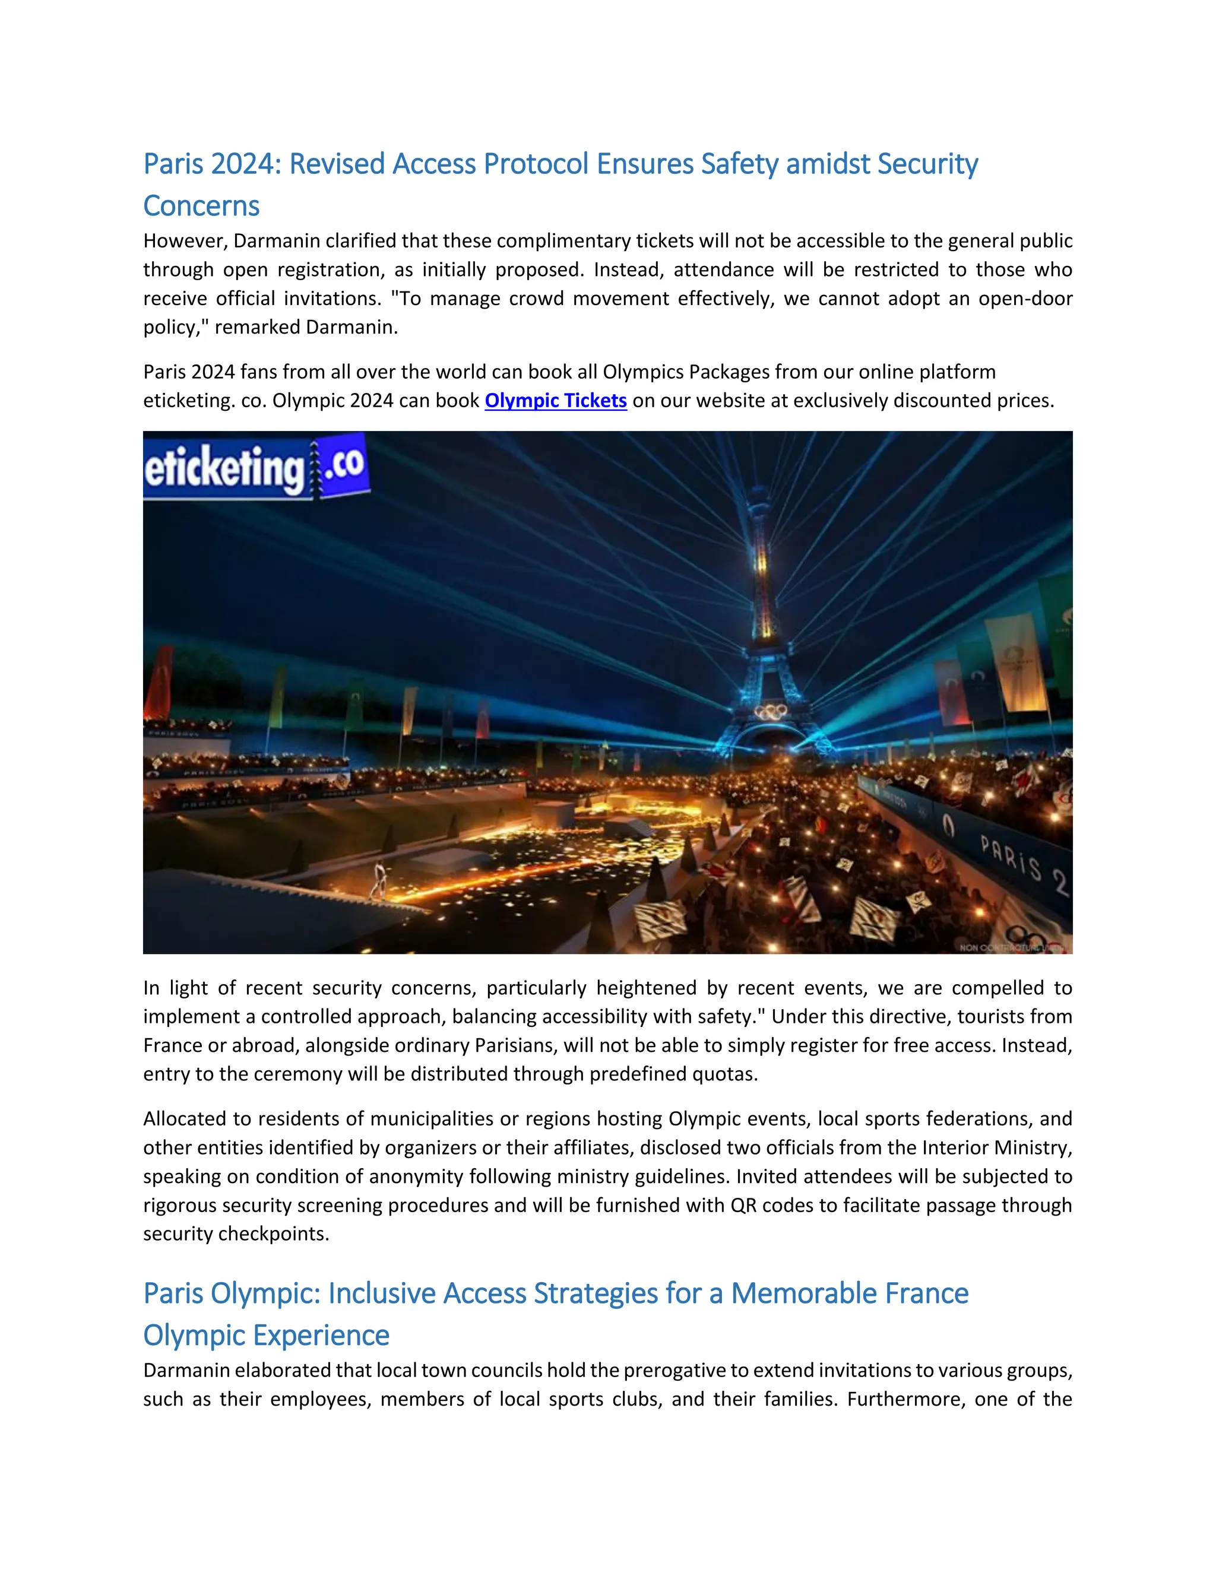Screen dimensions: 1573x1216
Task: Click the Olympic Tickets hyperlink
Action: pyautogui.click(x=555, y=401)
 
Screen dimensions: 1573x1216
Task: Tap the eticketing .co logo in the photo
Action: pyautogui.click(x=256, y=467)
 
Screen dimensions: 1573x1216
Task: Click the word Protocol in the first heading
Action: pyautogui.click(x=536, y=164)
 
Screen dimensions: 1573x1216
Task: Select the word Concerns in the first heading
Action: pyautogui.click(x=201, y=206)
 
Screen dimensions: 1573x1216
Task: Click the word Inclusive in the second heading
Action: pyautogui.click(x=382, y=1293)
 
